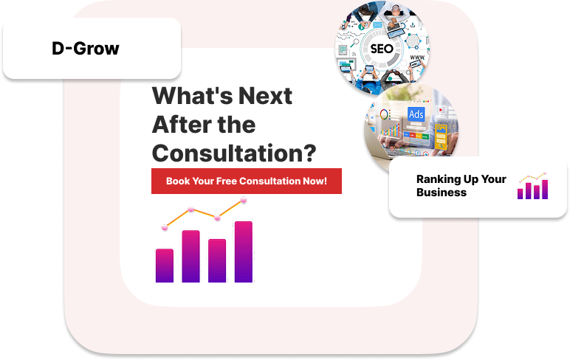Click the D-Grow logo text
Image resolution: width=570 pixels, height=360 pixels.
pos(86,48)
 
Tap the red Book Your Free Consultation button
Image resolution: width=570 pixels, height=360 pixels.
pos(247,181)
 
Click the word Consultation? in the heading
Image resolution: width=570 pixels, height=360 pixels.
pos(234,153)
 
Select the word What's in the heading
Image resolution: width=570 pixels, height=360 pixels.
pos(192,96)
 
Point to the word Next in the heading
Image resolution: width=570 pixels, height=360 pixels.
pos(265,96)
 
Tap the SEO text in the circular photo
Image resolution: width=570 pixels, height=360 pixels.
pos(382,49)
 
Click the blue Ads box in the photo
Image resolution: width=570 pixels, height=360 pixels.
pos(416,114)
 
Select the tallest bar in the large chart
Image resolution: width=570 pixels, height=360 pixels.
pos(244,252)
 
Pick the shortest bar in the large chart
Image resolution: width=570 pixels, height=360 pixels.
pos(165,265)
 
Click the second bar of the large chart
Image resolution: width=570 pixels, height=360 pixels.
pos(190,256)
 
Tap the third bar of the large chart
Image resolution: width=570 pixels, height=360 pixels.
pos(217,260)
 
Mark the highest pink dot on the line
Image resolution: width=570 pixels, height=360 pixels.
pos(244,200)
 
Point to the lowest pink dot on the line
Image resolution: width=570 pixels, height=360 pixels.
pos(165,227)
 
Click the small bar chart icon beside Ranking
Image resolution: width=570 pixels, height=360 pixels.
pos(533,186)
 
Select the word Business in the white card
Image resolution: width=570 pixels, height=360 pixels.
pos(442,192)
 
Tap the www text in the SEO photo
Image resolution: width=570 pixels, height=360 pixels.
pos(417,58)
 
